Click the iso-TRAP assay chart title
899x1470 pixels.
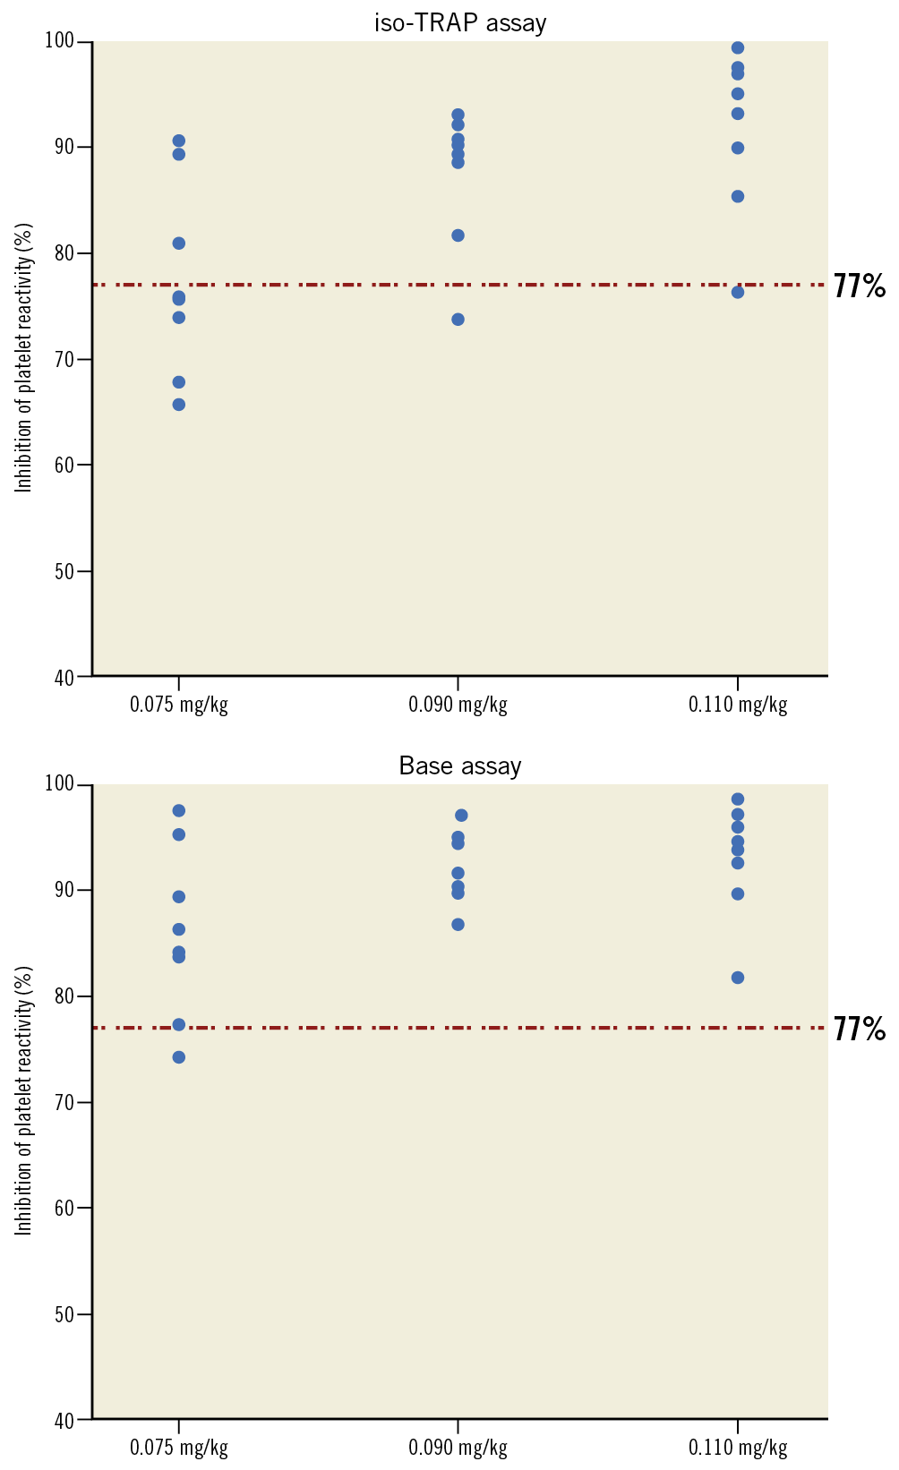tap(459, 23)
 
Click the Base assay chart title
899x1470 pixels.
tap(459, 766)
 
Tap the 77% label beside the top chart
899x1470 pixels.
tap(860, 286)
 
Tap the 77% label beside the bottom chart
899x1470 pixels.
tap(860, 1030)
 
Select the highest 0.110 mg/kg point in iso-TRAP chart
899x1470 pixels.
tap(738, 48)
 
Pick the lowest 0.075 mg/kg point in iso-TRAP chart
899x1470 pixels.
tap(179, 405)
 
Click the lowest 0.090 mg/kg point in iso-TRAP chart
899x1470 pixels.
tap(458, 320)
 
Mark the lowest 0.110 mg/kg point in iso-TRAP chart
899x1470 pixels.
tap(738, 292)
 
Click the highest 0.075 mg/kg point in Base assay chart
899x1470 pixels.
tap(179, 811)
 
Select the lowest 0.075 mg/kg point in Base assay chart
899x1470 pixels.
tap(179, 1057)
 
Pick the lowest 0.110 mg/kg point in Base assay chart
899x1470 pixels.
tap(738, 978)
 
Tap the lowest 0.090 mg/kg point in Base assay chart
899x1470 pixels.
tap(458, 925)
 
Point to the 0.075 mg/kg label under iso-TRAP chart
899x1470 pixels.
tap(179, 705)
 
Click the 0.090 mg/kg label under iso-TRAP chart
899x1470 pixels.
tap(458, 705)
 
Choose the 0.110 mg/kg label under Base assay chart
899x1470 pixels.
tap(738, 1448)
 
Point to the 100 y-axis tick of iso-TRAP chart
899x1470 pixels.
tap(68, 42)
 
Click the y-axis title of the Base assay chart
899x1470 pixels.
tap(24, 1100)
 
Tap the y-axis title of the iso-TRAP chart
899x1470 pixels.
tap(24, 357)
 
